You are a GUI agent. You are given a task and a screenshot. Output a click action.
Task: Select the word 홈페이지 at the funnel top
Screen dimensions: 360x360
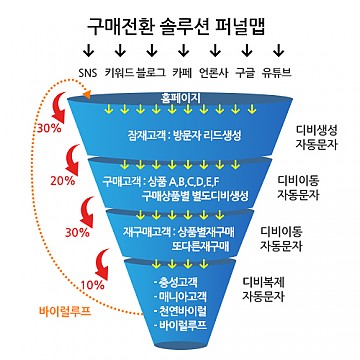[x=181, y=99]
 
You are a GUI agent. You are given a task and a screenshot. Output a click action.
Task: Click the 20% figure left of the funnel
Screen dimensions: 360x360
[x=62, y=181]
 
